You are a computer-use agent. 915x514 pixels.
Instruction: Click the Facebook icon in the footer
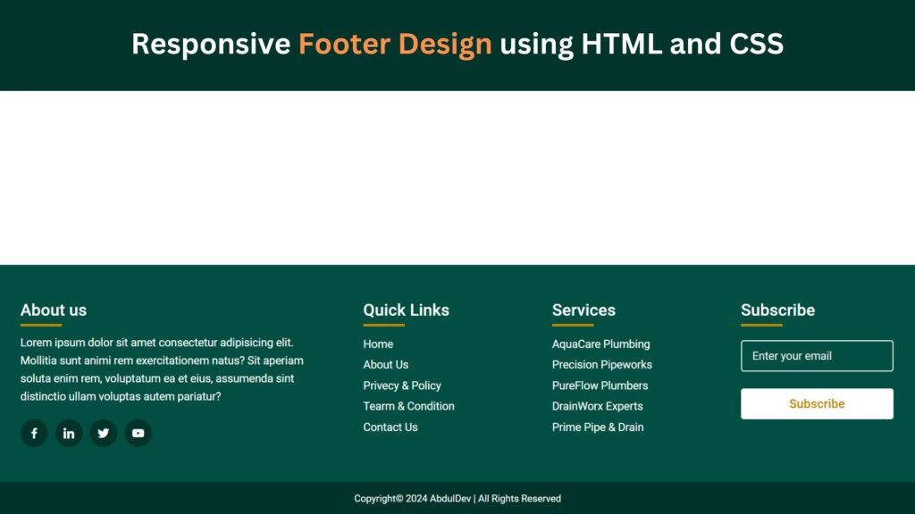[34, 434]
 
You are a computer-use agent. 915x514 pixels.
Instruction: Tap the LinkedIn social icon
[69, 434]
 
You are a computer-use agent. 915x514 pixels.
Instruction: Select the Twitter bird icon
[104, 434]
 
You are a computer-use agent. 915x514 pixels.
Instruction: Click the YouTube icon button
[139, 434]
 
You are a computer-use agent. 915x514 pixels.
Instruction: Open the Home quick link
[378, 344]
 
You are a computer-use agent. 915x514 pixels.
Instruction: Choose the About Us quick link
[386, 365]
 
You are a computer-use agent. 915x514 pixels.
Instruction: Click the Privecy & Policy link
[402, 385]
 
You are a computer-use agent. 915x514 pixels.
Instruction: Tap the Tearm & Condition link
[408, 406]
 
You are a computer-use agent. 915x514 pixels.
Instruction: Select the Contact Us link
[390, 427]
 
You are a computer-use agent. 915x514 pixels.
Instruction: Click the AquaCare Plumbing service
[600, 344]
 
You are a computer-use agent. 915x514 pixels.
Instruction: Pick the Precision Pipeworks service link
[602, 365]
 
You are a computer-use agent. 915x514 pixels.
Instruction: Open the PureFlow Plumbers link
[600, 385]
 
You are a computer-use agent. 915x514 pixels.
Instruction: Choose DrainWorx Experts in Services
[598, 406]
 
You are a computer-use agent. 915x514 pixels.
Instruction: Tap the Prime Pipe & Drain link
[598, 427]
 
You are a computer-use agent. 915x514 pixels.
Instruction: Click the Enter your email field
[817, 356]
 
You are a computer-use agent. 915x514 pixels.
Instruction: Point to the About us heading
[54, 311]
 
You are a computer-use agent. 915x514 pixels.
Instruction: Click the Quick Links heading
[406, 311]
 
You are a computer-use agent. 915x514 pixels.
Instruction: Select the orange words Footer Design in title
[395, 44]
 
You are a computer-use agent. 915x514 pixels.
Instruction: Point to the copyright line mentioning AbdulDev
[457, 499]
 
